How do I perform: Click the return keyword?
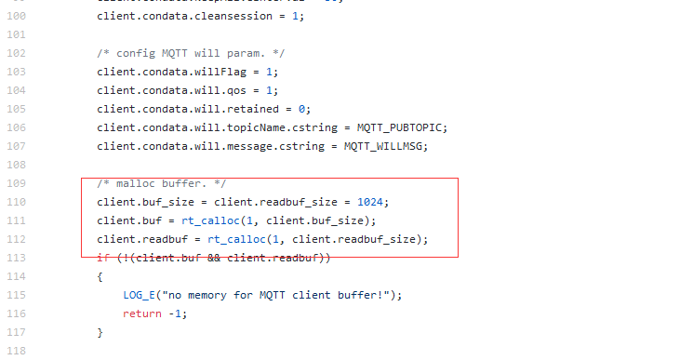pyautogui.click(x=142, y=313)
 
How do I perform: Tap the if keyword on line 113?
pyautogui.click(x=102, y=258)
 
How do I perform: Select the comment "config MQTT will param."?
pyautogui.click(x=178, y=53)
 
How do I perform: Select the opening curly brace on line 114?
pyautogui.click(x=100, y=276)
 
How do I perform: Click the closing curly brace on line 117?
pyautogui.click(x=100, y=332)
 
